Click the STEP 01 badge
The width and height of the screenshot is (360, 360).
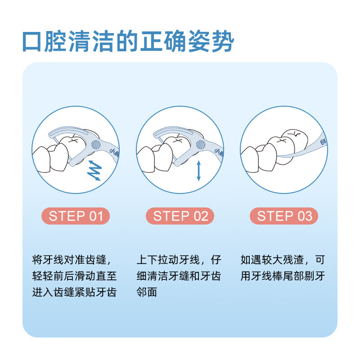click(x=76, y=216)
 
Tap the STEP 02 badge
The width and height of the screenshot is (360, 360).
click(x=180, y=216)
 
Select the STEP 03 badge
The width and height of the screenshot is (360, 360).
click(x=284, y=216)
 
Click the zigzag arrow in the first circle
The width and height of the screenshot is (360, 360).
click(x=94, y=171)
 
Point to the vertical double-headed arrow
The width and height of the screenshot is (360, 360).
click(x=198, y=171)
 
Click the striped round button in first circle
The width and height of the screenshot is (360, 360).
click(x=96, y=145)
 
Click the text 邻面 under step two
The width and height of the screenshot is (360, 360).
click(x=147, y=292)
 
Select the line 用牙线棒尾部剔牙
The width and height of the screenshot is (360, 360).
click(x=283, y=276)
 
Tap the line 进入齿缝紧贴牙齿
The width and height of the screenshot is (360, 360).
click(x=75, y=292)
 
